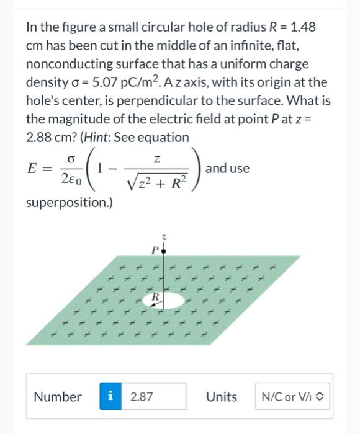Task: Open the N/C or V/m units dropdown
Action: (x=294, y=397)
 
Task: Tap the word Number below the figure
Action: (x=58, y=397)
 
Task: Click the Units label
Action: (x=221, y=397)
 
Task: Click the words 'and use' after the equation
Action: (x=227, y=169)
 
